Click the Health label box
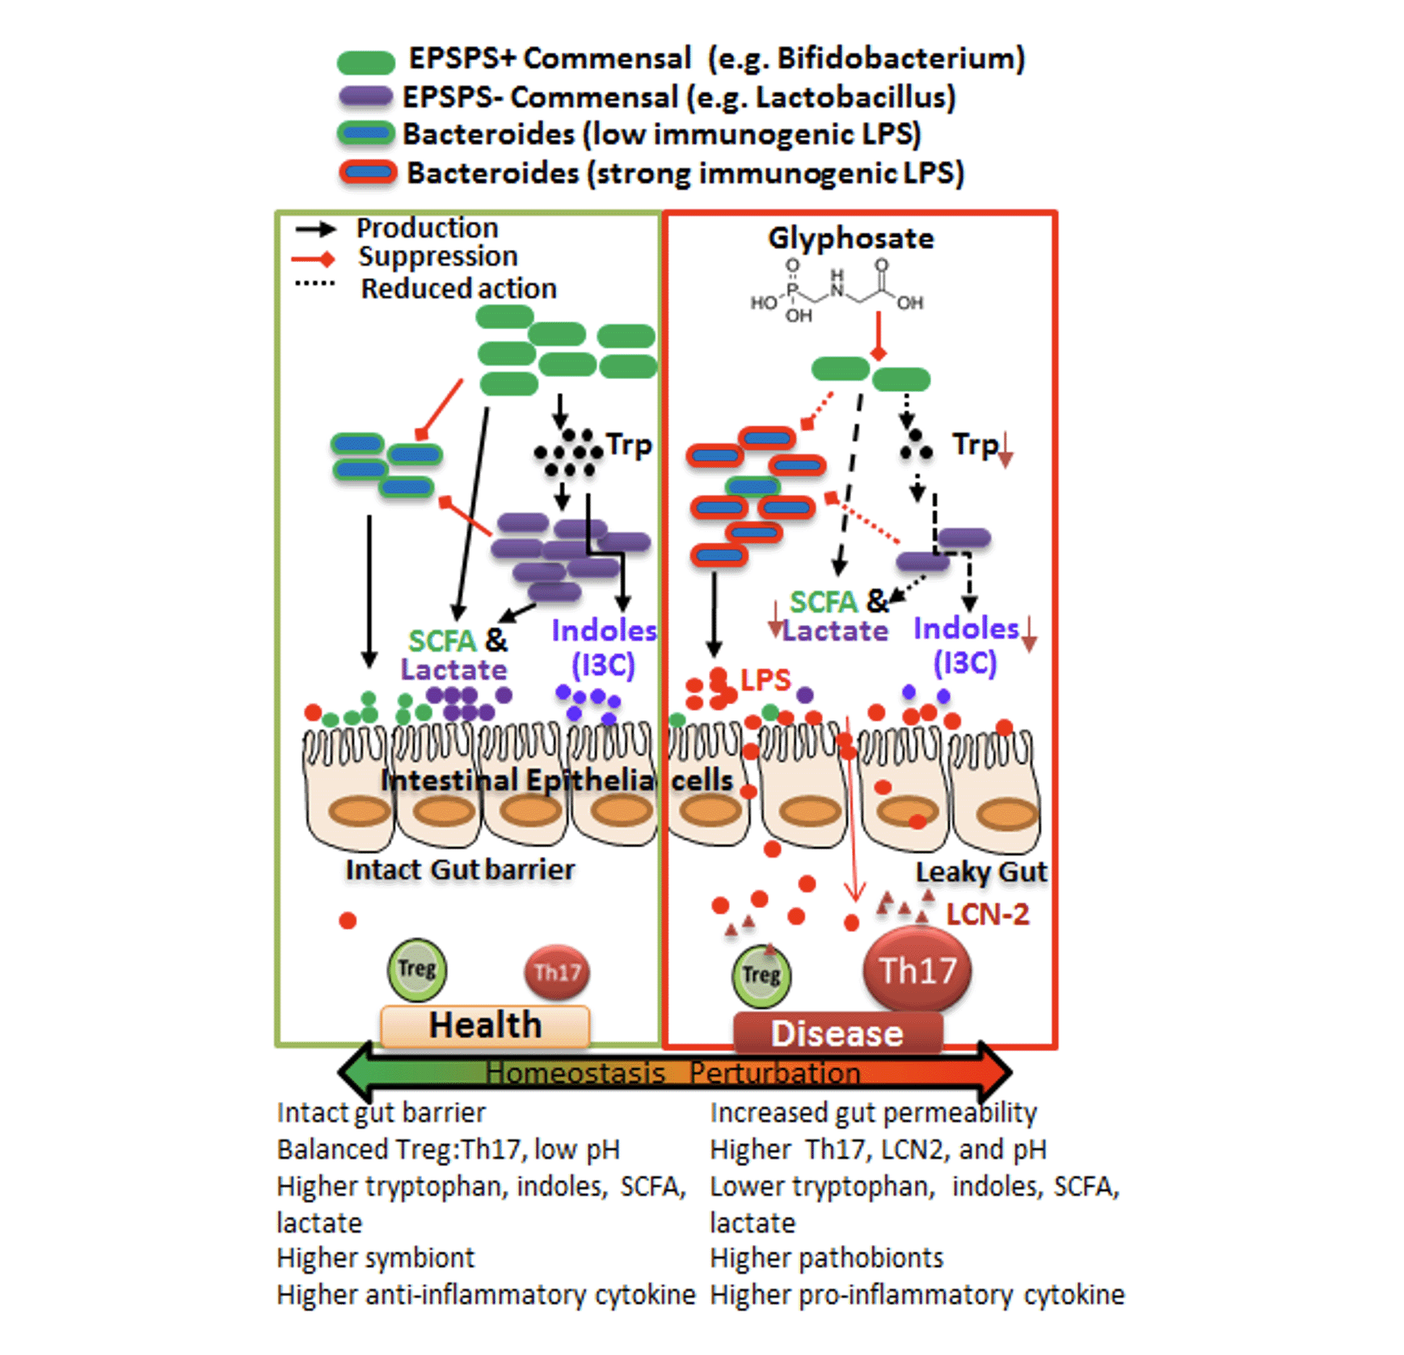(x=484, y=1025)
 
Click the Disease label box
(x=837, y=1033)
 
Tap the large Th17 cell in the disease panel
(x=917, y=969)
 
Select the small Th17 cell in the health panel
(x=557, y=972)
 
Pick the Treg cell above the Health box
(x=416, y=969)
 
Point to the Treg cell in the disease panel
(x=761, y=976)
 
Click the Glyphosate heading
(x=850, y=238)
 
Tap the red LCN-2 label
(x=988, y=914)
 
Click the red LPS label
(x=765, y=680)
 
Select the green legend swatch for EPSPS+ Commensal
(x=365, y=61)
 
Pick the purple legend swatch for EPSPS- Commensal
(x=365, y=97)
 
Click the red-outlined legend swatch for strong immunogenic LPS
(x=368, y=172)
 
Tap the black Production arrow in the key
(x=315, y=230)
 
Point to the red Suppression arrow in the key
(x=314, y=259)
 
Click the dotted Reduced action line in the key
(x=314, y=284)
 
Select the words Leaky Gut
(x=980, y=872)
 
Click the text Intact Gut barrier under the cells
(x=460, y=870)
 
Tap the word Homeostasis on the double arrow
(x=575, y=1073)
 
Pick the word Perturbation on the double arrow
(x=774, y=1073)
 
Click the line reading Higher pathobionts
(x=826, y=1258)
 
